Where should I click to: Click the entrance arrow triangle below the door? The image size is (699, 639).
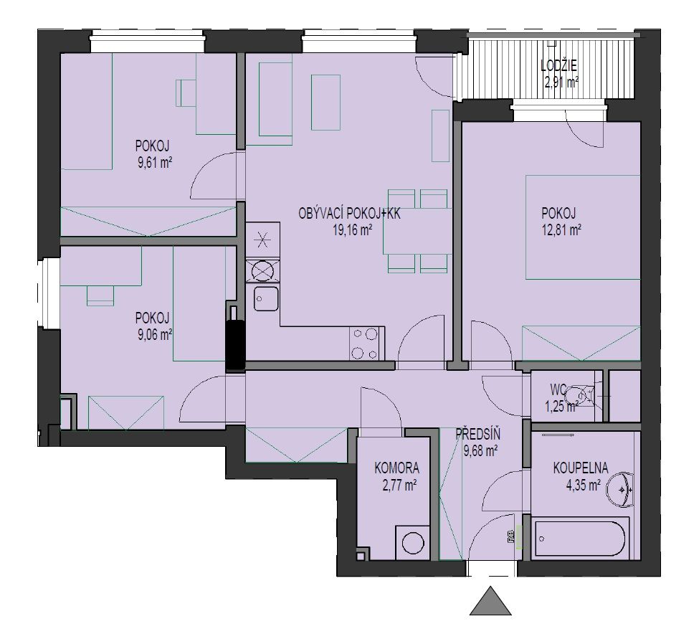click(x=490, y=602)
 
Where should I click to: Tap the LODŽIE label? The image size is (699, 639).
click(x=558, y=66)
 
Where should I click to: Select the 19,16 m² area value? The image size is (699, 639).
click(x=353, y=229)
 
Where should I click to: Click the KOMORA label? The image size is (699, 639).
click(x=396, y=468)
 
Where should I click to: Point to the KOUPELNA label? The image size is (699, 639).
click(x=581, y=468)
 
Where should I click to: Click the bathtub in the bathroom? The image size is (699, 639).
click(x=580, y=536)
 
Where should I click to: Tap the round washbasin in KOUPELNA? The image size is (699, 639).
click(x=621, y=490)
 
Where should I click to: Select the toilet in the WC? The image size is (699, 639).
click(x=581, y=395)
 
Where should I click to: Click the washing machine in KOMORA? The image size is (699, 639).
click(x=413, y=542)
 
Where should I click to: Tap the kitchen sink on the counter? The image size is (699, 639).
click(x=266, y=298)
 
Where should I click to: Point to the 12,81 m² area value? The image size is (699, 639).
click(x=561, y=229)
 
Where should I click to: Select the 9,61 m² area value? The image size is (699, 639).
click(x=155, y=162)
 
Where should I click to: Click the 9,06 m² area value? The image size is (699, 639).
click(x=155, y=334)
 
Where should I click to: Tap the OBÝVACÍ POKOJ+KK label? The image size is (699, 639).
click(x=350, y=214)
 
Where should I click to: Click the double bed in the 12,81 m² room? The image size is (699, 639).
click(x=583, y=227)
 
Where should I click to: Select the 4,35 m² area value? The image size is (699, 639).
click(x=583, y=485)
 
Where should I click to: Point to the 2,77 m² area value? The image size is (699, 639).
click(x=399, y=485)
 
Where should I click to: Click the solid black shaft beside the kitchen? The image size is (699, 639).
click(x=235, y=344)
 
